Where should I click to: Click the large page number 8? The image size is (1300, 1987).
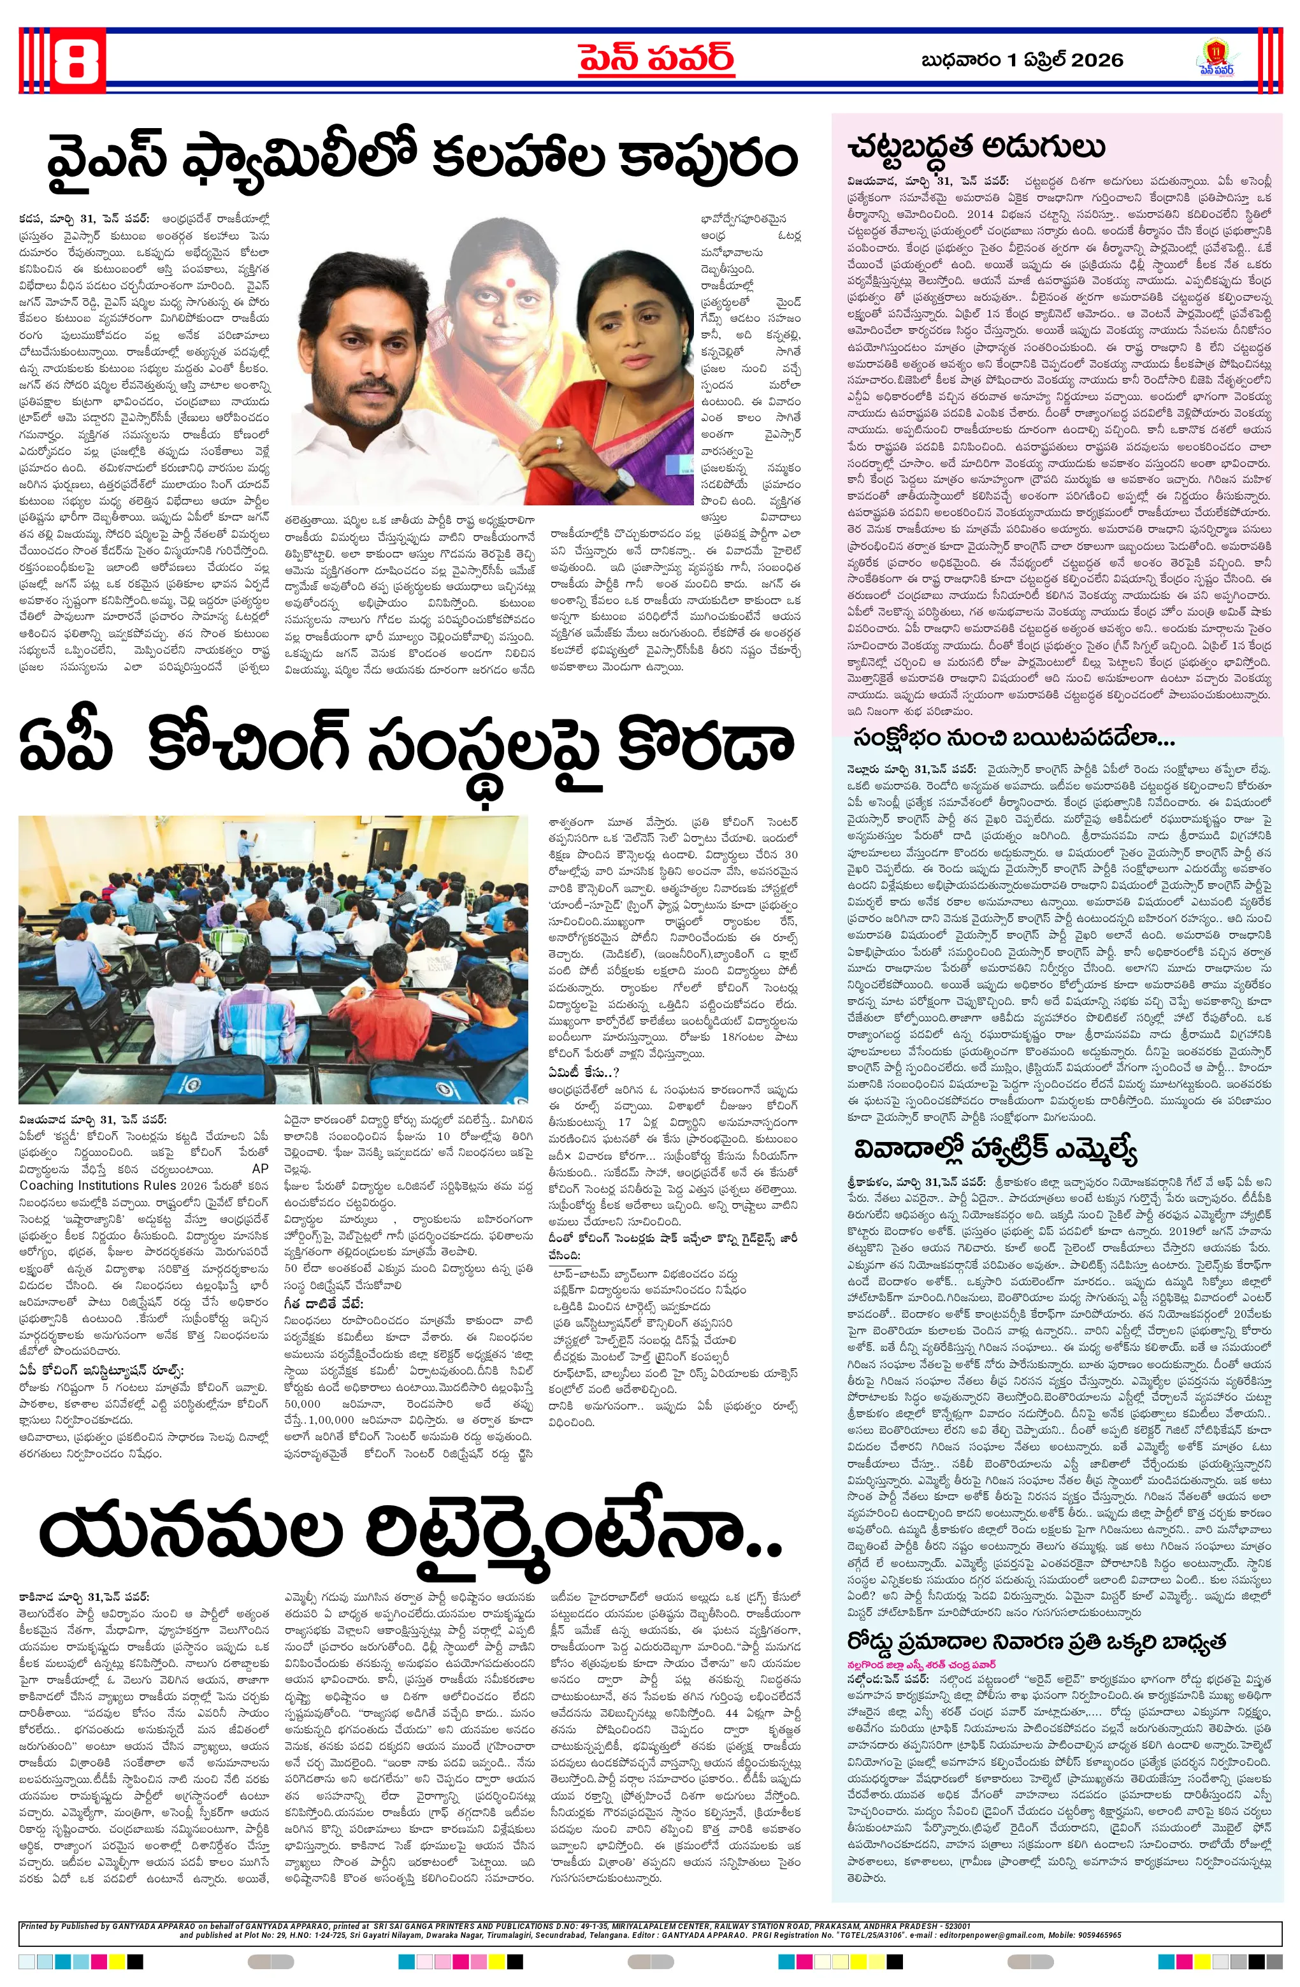pos(78,59)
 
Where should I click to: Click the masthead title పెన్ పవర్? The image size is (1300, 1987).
pos(656,59)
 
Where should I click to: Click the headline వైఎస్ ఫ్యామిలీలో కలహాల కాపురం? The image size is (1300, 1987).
pos(422,159)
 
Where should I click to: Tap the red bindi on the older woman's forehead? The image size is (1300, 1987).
pos(508,273)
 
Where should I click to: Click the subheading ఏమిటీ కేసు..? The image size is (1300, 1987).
pos(583,1072)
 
